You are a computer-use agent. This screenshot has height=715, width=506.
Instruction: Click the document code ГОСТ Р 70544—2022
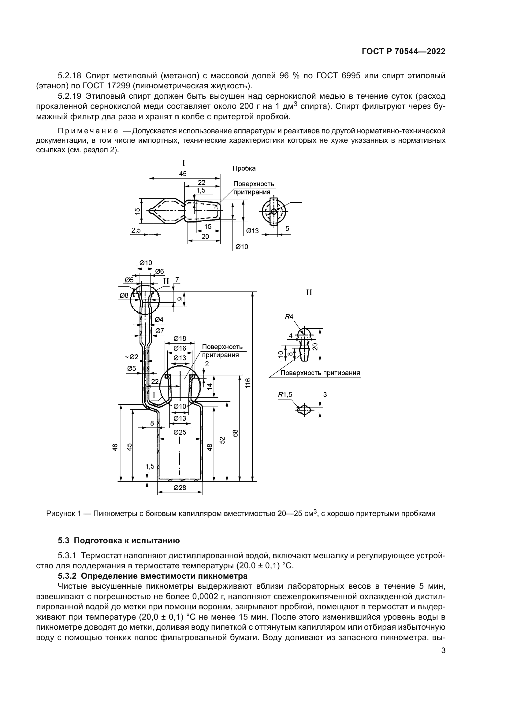(x=403, y=52)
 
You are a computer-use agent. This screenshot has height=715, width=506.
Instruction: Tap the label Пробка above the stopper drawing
(x=244, y=168)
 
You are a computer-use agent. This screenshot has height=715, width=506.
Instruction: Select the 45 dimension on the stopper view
(x=183, y=174)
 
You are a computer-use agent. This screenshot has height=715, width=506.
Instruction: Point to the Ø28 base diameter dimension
(x=180, y=488)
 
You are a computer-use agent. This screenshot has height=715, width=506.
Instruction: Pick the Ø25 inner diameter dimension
(x=180, y=432)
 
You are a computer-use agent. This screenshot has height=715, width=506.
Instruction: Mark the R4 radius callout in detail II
(x=289, y=317)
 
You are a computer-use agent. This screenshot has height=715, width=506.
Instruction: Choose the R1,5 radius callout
(x=285, y=395)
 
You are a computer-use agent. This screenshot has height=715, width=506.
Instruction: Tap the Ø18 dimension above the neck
(x=180, y=338)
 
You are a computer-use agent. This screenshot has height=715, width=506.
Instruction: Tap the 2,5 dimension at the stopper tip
(x=136, y=230)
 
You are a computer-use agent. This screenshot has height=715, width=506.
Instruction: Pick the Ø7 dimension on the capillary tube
(x=159, y=331)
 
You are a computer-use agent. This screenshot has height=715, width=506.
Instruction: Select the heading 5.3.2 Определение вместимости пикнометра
(x=153, y=575)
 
